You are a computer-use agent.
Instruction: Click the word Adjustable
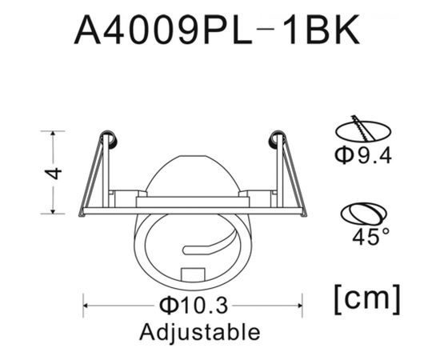click(x=199, y=330)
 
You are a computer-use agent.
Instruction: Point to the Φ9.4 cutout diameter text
click(x=362, y=154)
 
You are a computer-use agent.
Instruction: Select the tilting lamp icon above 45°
click(x=363, y=213)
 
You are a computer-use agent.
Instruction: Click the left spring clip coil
click(x=109, y=139)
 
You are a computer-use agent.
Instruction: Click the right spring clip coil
click(x=278, y=139)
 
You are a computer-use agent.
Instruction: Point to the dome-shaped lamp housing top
click(x=193, y=172)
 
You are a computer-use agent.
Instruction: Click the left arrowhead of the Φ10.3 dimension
click(x=86, y=304)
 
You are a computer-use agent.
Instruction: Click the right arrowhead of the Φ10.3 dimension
click(x=300, y=304)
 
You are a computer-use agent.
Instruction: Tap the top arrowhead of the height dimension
click(x=54, y=134)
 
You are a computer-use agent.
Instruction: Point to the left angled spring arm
click(x=92, y=176)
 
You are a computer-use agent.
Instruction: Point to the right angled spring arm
click(x=293, y=176)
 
